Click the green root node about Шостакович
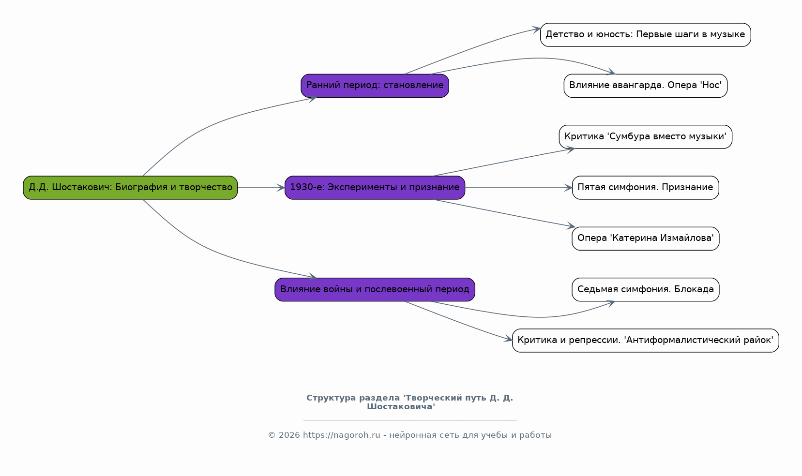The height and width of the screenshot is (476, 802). coord(130,188)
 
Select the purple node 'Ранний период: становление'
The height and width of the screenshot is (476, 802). coord(375,86)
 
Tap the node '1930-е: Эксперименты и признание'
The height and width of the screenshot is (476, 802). coord(375,188)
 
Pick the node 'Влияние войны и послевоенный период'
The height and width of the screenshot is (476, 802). coord(375,290)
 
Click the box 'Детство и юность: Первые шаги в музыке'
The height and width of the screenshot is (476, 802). coord(646,35)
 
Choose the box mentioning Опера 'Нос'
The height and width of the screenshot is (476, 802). coord(646,86)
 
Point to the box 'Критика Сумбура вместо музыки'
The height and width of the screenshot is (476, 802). coord(646,137)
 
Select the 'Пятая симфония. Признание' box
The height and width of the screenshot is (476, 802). coord(646,188)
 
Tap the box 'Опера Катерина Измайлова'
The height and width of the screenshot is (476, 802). coord(646,238)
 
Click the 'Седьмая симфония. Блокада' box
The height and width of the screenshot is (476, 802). coord(646,290)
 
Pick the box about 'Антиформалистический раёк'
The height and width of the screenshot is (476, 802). coord(646,341)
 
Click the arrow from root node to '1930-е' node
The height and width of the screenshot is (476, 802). coord(261,188)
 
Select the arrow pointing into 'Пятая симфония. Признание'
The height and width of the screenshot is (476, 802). coord(519,188)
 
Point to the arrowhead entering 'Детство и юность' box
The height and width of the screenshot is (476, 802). coord(536,30)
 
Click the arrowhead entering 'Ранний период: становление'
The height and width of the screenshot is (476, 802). coord(312,98)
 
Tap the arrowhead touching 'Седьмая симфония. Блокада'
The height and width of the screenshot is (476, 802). coord(610,304)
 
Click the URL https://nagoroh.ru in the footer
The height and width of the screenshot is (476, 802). coord(342,435)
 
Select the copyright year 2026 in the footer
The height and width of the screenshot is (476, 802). coord(289,435)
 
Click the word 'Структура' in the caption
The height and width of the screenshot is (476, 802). coord(331,398)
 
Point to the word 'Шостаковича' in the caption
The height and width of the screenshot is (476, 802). coord(401,406)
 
